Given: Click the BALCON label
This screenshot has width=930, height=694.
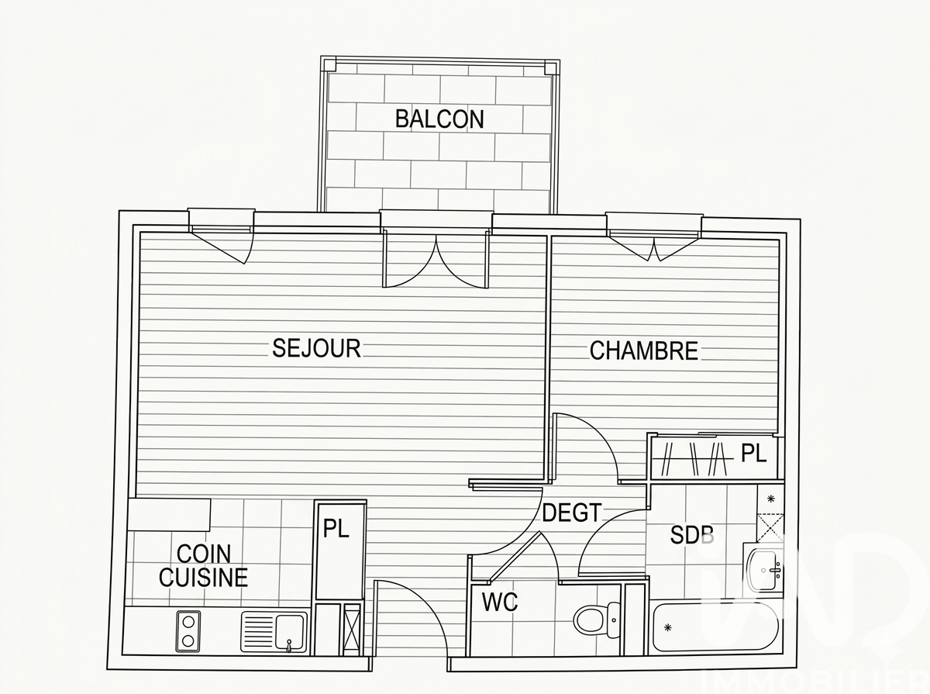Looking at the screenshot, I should click(x=439, y=119).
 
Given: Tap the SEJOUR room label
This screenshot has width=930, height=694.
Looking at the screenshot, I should click(x=316, y=348).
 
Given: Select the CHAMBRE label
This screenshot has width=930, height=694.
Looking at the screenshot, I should click(x=644, y=350).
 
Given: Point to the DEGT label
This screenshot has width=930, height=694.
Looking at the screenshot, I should click(x=572, y=513).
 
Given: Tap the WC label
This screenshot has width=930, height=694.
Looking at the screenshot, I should click(x=500, y=602).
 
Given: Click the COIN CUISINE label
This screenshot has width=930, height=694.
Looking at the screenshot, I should click(x=203, y=565).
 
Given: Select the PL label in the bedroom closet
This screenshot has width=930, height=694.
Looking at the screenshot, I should click(x=753, y=453).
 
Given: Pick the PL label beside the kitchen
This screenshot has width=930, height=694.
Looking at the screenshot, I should click(x=336, y=529).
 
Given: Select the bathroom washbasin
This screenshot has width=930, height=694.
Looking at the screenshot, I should click(x=766, y=571).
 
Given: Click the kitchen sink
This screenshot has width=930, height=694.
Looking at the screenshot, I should click(x=274, y=630).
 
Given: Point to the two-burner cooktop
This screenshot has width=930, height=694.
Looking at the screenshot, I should click(x=188, y=630).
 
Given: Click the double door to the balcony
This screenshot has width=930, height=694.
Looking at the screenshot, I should click(x=436, y=260).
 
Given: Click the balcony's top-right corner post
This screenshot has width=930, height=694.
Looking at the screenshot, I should click(x=551, y=67).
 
